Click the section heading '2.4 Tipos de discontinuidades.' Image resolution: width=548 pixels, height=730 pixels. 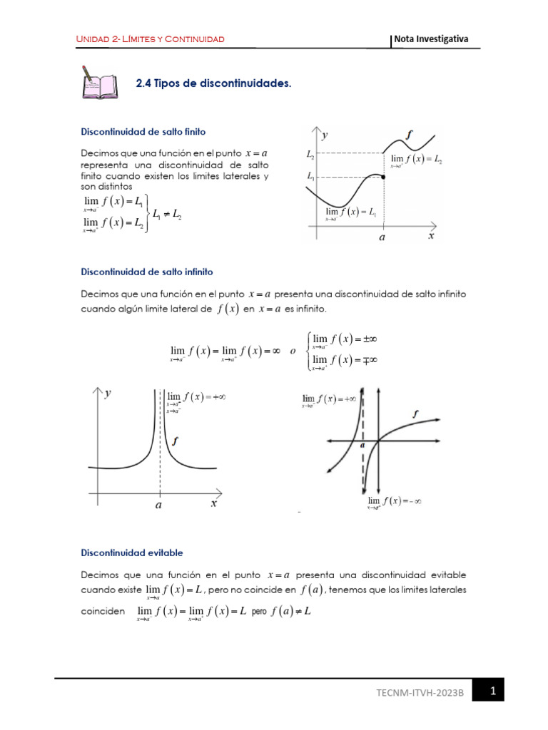pos(213,83)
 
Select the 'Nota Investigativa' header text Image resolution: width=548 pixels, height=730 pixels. pos(432,38)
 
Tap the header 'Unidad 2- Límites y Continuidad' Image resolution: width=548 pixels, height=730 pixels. pos(151,38)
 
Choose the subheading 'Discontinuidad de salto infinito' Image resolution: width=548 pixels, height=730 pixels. pos(147,272)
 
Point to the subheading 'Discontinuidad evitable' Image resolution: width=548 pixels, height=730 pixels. pos(132,552)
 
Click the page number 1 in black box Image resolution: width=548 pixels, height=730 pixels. pos(492,691)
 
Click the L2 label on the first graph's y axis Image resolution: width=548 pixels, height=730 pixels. pos(310,153)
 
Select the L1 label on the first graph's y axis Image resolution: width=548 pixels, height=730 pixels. pos(310,175)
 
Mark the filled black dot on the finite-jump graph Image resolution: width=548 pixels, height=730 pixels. pos(384,177)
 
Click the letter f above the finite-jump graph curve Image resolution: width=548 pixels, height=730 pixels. pos(408,133)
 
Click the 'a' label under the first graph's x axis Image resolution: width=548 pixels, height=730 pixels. pos(383,241)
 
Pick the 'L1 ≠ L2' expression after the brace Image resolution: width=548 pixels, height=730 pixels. pos(167,213)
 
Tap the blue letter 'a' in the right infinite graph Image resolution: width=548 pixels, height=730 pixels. pos(362,444)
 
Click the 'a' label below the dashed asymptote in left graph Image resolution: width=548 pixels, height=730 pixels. pos(158,505)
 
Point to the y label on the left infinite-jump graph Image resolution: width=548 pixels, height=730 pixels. pos(108,394)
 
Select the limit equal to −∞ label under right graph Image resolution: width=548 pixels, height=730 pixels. pos(395,501)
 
